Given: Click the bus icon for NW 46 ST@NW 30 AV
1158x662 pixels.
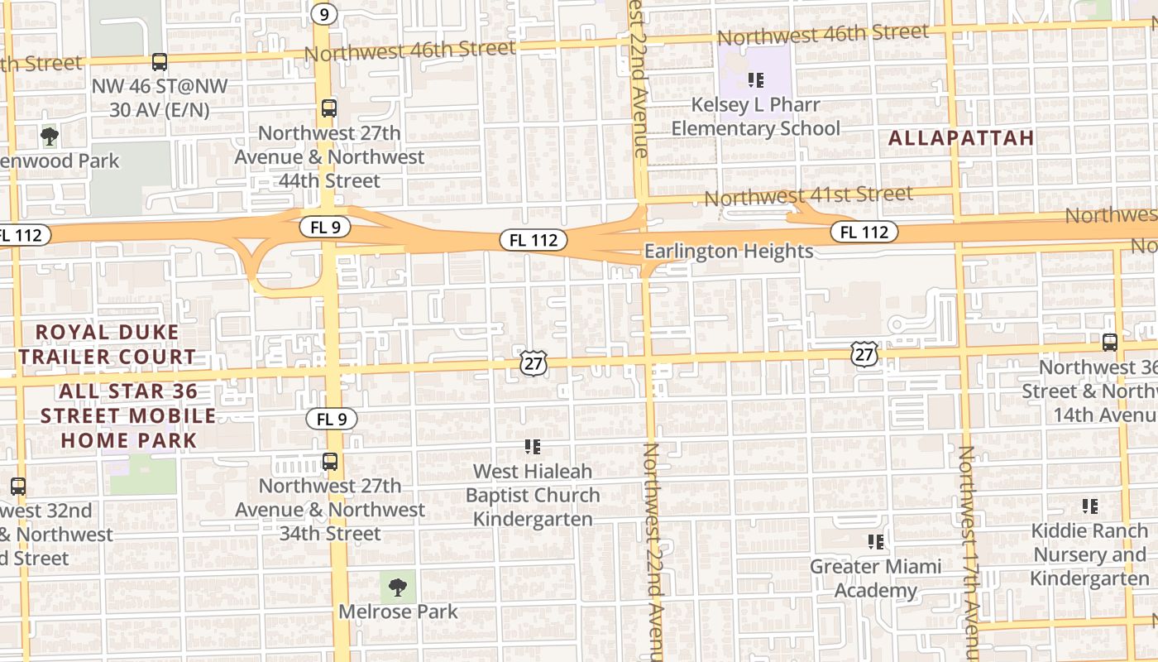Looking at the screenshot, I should click(160, 61).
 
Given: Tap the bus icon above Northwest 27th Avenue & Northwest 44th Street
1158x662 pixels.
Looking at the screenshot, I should click(329, 108).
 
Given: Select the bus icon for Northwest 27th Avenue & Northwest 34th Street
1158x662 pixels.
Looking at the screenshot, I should click(330, 462).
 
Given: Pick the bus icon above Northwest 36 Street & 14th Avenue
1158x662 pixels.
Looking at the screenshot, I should click(1110, 342).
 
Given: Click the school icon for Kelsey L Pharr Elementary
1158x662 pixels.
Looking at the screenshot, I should click(755, 80).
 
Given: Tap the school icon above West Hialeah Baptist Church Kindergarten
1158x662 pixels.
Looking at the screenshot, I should click(533, 447).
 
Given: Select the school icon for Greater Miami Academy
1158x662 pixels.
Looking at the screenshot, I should click(876, 542).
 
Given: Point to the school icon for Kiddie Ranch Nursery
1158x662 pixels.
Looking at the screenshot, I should click(1089, 506).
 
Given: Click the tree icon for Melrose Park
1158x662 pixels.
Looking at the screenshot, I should click(398, 588).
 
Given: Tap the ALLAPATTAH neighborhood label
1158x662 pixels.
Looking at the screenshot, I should click(961, 138).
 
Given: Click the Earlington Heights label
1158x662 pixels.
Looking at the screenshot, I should click(729, 251).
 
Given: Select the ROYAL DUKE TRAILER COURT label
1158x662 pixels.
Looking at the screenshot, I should click(108, 344).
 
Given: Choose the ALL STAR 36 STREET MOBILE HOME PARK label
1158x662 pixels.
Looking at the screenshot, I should click(128, 415).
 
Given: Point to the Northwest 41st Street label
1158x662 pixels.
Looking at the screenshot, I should click(808, 196).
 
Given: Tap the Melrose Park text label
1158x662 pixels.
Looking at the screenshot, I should click(398, 612).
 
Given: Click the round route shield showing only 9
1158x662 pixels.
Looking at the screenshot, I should click(324, 14).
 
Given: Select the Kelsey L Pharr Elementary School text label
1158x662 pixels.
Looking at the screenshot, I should click(755, 117).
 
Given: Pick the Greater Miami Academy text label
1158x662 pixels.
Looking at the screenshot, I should click(876, 578).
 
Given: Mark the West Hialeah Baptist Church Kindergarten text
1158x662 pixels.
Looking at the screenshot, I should click(533, 495).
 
